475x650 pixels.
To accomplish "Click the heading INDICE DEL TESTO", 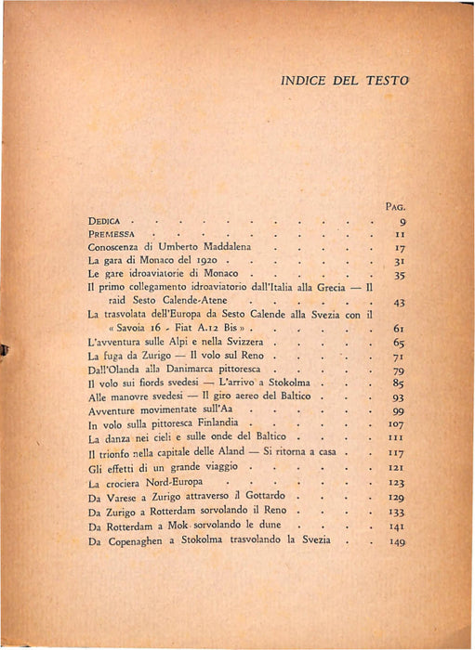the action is tap(343, 82).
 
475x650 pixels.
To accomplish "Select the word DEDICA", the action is tap(107, 222).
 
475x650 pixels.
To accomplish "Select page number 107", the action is tap(399, 425).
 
